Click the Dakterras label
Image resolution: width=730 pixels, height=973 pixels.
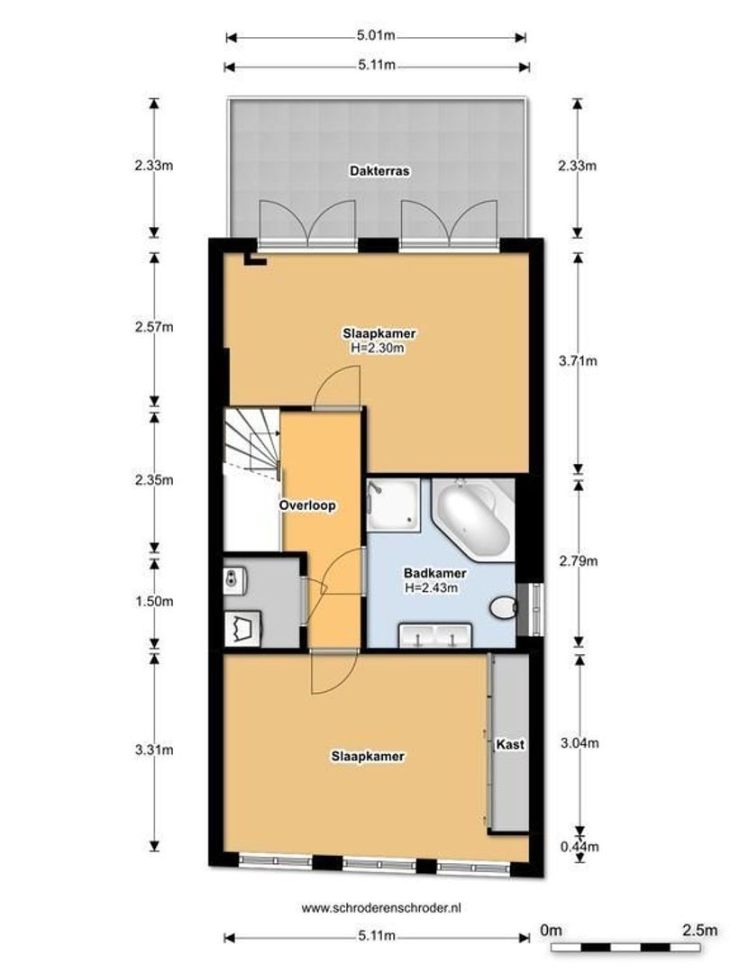coord(375,170)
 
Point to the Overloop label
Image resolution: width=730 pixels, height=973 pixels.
coord(307,505)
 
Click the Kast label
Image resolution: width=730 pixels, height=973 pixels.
coord(510,745)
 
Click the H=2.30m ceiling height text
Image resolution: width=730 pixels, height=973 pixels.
coord(379,347)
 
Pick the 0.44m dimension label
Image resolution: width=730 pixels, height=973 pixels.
coord(578,846)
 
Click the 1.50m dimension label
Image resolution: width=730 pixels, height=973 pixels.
coord(153,601)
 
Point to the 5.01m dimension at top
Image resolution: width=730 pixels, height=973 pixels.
coord(375,37)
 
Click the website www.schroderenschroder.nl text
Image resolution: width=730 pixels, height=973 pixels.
coord(375,908)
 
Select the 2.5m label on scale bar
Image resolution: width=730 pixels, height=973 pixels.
coord(699,929)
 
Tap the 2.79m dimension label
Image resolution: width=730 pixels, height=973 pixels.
coord(578,560)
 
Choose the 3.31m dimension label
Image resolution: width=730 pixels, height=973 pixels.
coord(153,749)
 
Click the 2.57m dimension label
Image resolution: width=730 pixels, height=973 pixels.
coord(153,327)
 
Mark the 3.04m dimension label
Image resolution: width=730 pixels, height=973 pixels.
coord(578,742)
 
